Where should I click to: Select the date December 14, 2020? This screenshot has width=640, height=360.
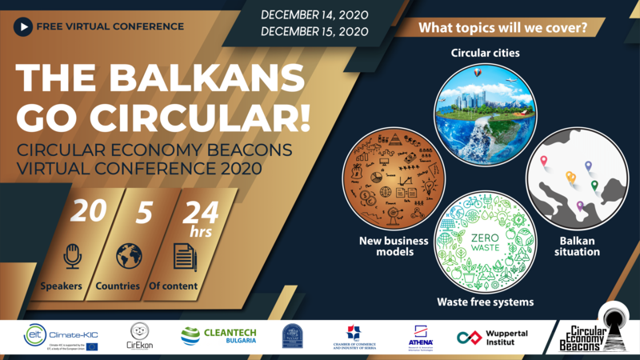click(313, 14)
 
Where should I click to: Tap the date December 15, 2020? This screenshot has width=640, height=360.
click(313, 32)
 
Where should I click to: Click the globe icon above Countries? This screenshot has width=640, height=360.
click(128, 257)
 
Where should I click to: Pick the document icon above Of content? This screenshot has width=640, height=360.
click(184, 257)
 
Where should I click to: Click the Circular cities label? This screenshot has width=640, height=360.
click(485, 54)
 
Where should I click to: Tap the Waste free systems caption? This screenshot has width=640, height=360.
click(486, 302)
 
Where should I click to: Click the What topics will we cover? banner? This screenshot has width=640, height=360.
click(502, 27)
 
